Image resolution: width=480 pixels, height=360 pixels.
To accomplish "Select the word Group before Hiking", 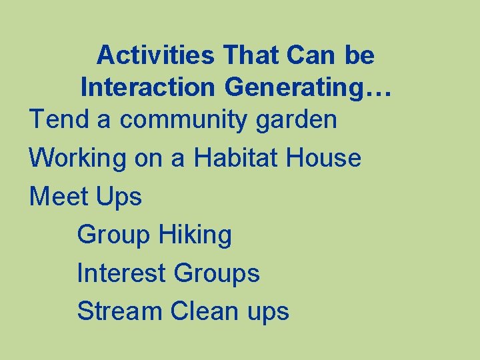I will click(114, 235).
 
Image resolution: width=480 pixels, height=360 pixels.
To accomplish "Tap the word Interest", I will click(121, 273).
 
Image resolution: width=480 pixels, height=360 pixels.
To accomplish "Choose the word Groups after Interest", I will click(217, 273).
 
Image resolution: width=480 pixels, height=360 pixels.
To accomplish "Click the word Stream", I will click(119, 311).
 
